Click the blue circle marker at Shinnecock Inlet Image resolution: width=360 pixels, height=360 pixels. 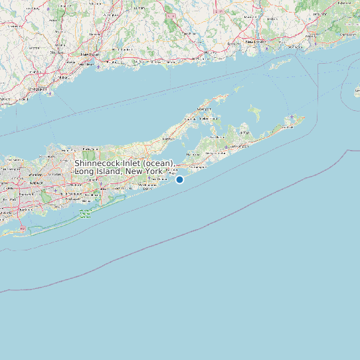(179, 179)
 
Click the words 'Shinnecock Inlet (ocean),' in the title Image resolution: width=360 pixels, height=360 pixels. (124, 163)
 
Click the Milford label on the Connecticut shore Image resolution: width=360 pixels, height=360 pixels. (64, 77)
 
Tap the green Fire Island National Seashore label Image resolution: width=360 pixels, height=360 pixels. (85, 213)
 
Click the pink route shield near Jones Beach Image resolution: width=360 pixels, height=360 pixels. (23, 228)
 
